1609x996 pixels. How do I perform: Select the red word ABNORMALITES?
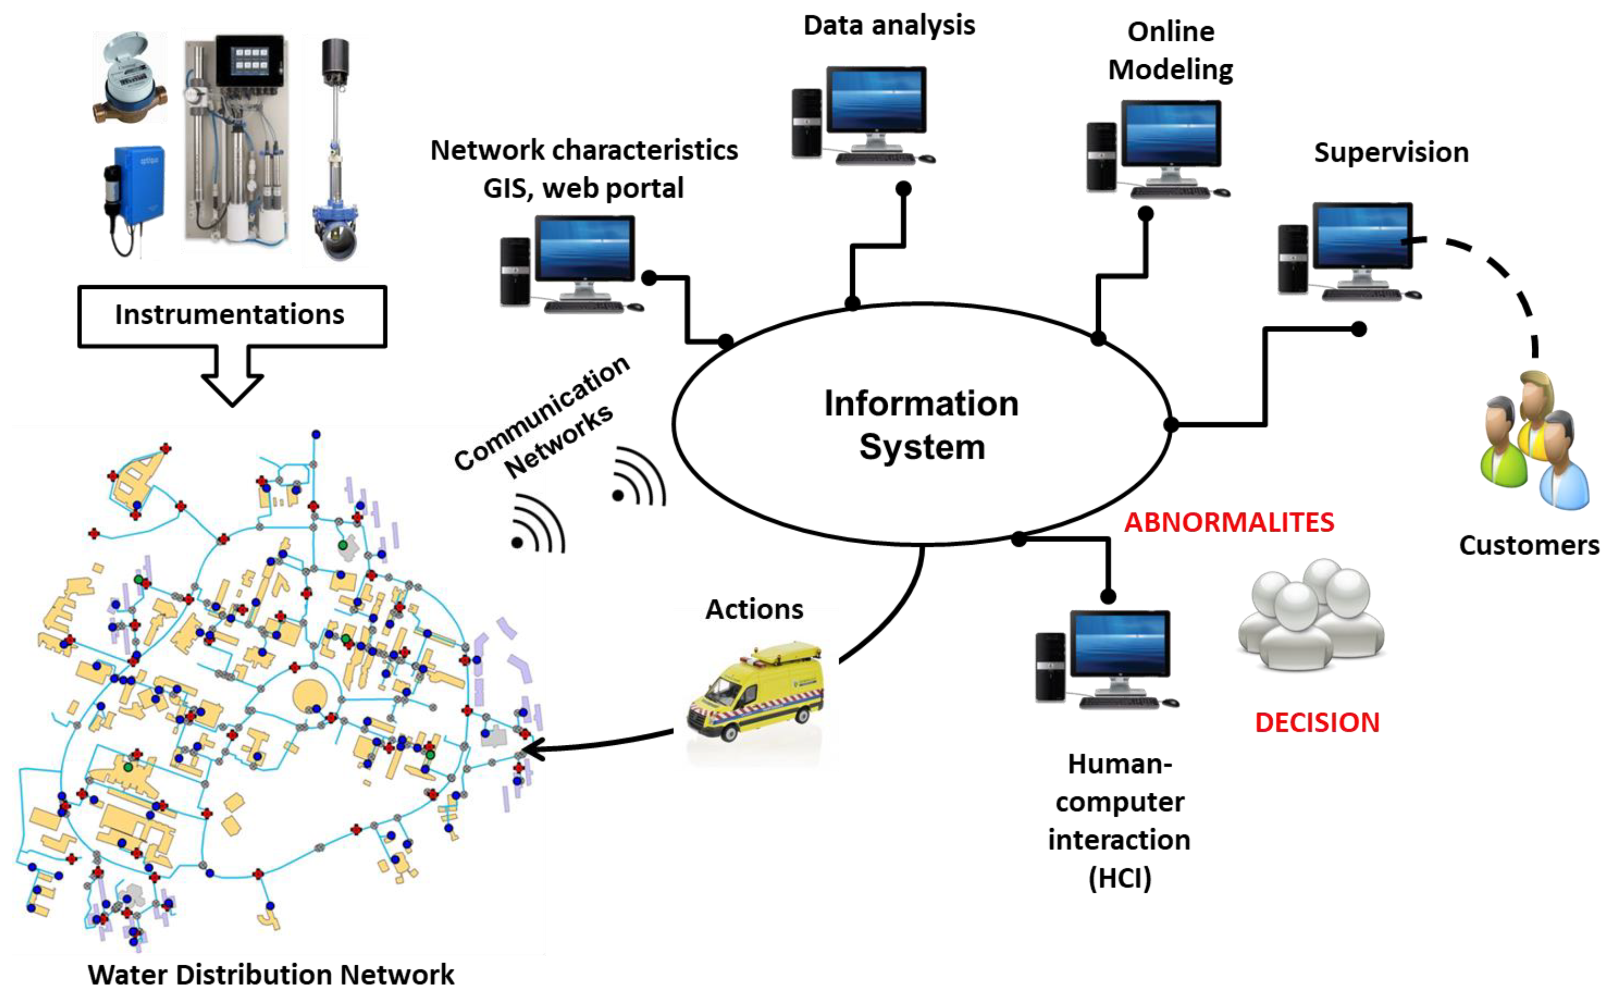(x=1228, y=522)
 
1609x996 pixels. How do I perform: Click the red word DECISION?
(x=1317, y=722)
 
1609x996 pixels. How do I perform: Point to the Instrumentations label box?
(x=232, y=315)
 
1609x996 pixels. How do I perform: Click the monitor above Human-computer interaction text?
(x=1120, y=645)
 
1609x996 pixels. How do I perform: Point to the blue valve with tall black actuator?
(x=335, y=151)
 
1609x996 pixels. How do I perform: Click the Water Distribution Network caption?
(x=270, y=974)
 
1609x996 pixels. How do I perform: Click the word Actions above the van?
(x=754, y=609)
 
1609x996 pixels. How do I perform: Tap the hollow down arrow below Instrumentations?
(x=232, y=376)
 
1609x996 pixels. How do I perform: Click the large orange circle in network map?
(x=309, y=695)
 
